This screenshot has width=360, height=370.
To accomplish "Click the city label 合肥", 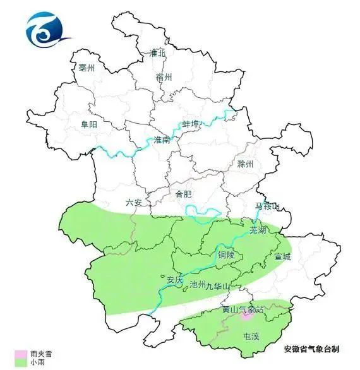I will tap(183, 194).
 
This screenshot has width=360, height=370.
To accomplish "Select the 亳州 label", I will tap(86, 68).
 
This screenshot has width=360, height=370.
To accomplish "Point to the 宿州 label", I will tap(164, 77).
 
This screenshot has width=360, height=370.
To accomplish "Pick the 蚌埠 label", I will tap(191, 124).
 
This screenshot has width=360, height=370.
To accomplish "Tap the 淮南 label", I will tap(162, 140).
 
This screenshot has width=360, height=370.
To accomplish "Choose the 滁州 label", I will tap(245, 164).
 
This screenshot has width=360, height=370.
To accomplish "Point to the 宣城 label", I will tap(284, 257).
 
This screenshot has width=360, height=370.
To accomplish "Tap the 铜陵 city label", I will tap(225, 255).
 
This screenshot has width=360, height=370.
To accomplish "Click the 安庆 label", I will tap(173, 278).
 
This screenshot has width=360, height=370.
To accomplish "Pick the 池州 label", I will tap(198, 285).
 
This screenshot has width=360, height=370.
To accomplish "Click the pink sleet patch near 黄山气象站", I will tap(246, 318).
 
